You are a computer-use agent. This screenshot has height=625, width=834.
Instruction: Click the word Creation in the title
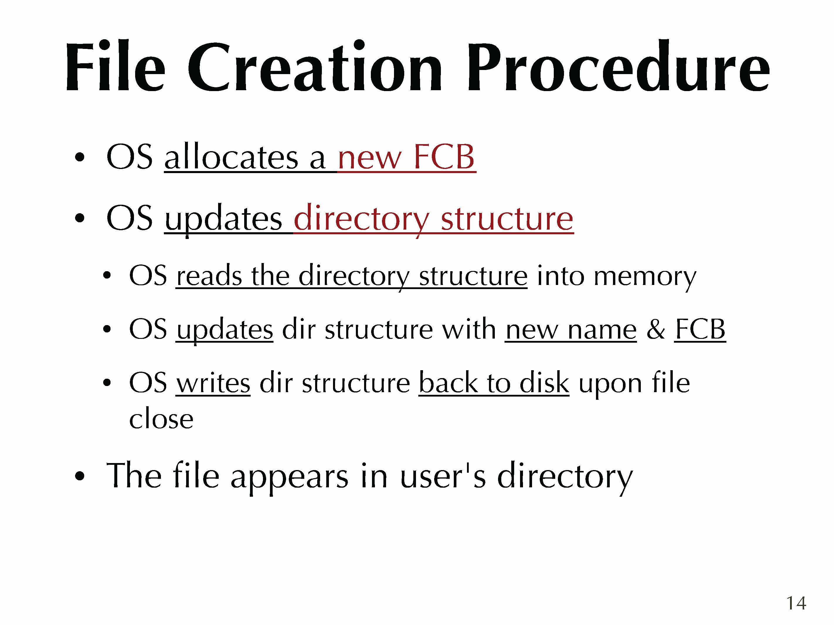click(315, 67)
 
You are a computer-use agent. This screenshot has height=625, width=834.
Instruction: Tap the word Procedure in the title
click(618, 67)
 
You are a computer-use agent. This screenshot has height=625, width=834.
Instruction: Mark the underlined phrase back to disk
click(494, 382)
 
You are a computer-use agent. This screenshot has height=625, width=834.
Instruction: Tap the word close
click(161, 419)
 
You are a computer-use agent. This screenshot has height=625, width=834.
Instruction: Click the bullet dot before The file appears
click(79, 476)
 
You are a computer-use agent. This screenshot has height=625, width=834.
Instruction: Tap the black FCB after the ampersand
click(700, 329)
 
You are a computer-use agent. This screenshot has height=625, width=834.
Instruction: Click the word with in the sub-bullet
click(469, 329)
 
